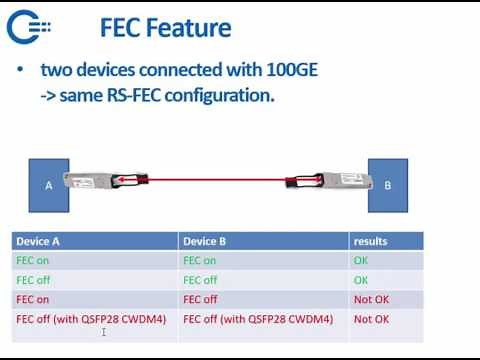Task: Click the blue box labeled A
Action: pyautogui.click(x=48, y=184)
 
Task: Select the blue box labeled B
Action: pyautogui.click(x=387, y=184)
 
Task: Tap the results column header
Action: pyautogui.click(x=370, y=241)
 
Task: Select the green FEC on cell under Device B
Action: pyautogui.click(x=199, y=260)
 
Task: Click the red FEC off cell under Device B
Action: pyautogui.click(x=200, y=299)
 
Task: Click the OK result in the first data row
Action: pyautogui.click(x=361, y=260)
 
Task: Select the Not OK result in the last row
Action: pyautogui.click(x=370, y=318)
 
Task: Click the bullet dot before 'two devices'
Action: pyautogui.click(x=22, y=71)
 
